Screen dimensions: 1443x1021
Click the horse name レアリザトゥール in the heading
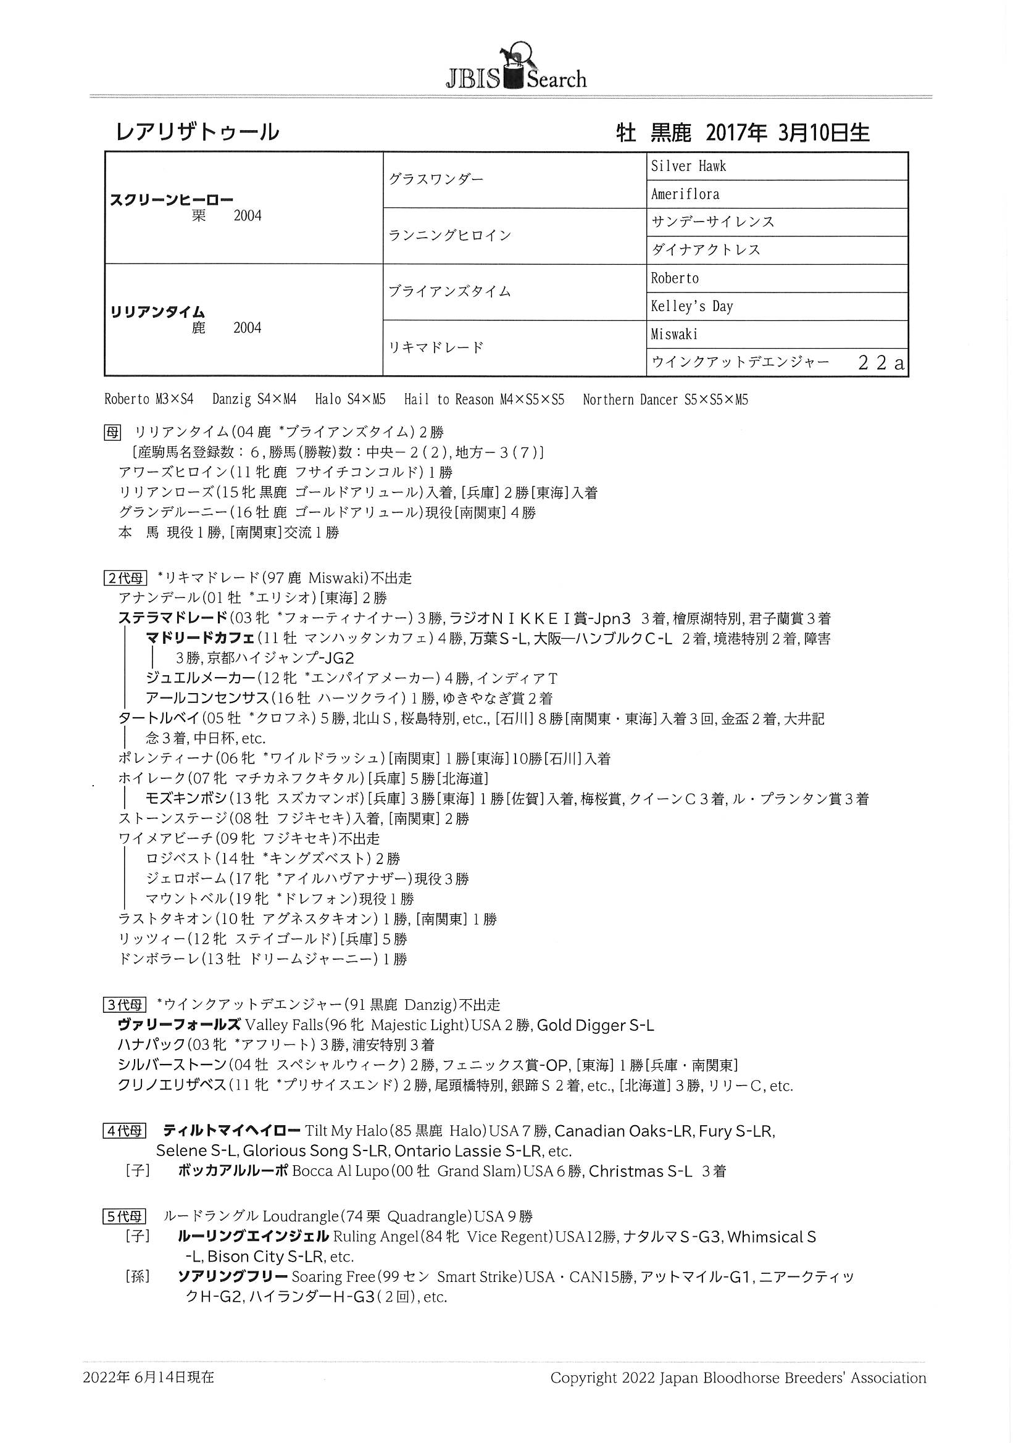click(x=198, y=132)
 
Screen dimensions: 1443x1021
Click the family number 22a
click(x=881, y=363)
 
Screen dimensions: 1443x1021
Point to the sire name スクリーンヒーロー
click(x=172, y=200)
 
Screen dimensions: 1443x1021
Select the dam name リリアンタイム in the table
click(x=158, y=312)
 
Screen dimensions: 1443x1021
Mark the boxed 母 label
click(x=112, y=432)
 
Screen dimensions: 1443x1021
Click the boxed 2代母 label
click(x=125, y=578)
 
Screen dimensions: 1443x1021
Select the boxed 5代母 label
click(x=125, y=1216)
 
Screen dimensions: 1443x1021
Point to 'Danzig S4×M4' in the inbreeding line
click(x=254, y=400)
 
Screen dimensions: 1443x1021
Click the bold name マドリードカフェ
click(x=200, y=638)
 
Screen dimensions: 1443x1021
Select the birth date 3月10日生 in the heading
click(x=823, y=133)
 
